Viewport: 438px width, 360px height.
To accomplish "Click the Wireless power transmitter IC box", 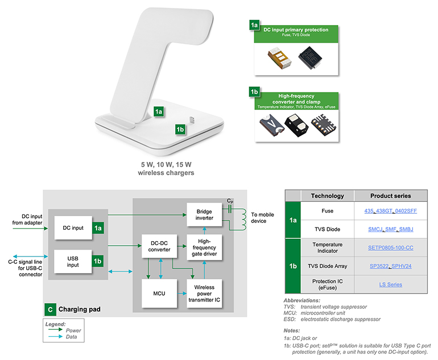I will click(x=205, y=293).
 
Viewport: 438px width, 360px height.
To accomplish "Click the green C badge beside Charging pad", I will click(x=51, y=311).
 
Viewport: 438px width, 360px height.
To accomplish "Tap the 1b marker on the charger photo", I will click(x=180, y=129).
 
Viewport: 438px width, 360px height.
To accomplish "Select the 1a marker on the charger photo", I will click(x=159, y=112).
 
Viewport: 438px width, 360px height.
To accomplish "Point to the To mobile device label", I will click(x=262, y=218).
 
